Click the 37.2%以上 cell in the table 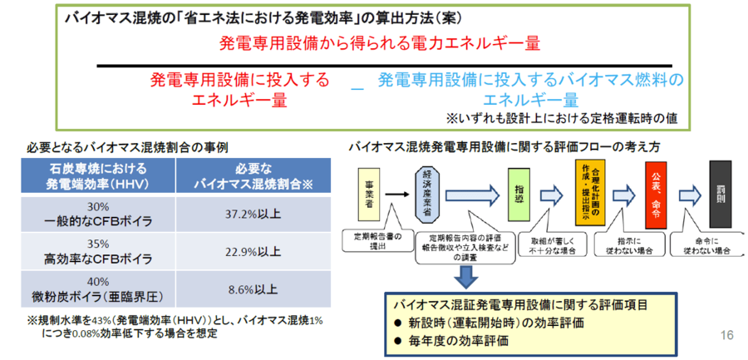tap(253, 214)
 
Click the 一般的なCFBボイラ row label tap(99, 220)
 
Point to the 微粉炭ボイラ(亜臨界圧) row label tap(99, 296)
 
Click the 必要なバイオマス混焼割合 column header tap(253, 176)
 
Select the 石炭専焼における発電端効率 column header tap(99, 176)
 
